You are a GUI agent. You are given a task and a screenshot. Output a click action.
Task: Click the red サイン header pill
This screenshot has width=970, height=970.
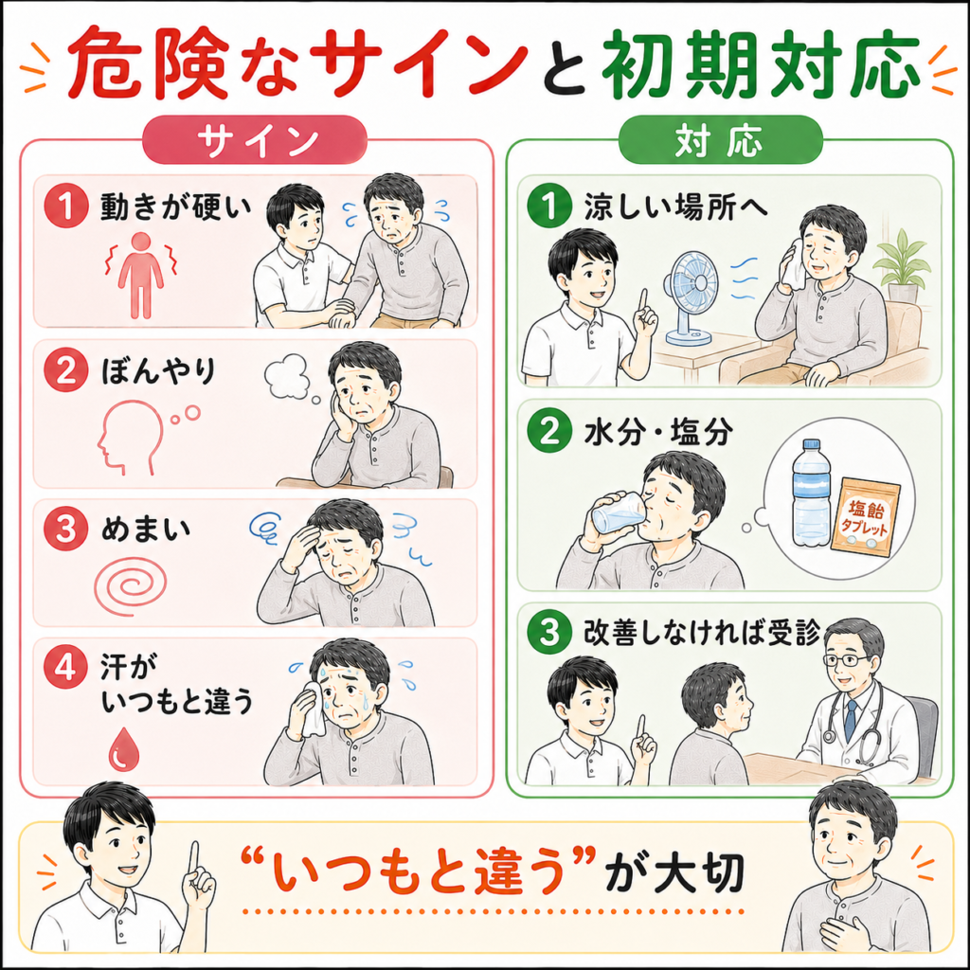click(254, 140)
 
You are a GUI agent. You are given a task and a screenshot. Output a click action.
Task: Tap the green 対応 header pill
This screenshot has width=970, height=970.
click(720, 140)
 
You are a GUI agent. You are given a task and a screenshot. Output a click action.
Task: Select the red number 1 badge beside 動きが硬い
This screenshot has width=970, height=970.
click(65, 206)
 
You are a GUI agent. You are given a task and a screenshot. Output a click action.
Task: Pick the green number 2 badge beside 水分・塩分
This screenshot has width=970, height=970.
click(549, 431)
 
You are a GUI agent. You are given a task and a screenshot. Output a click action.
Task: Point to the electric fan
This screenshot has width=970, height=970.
click(690, 296)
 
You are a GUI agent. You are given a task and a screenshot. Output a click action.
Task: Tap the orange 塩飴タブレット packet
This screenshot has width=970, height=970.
click(866, 516)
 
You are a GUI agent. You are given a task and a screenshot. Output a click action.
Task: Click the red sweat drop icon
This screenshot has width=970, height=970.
click(124, 748)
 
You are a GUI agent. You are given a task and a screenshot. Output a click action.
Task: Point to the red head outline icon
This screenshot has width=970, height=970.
click(131, 436)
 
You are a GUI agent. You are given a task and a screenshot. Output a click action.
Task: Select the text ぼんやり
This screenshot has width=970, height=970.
click(159, 370)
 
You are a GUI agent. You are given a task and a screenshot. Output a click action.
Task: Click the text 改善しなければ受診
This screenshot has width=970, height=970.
click(702, 633)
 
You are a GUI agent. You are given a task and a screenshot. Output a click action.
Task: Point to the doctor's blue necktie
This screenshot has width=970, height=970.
click(852, 720)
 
